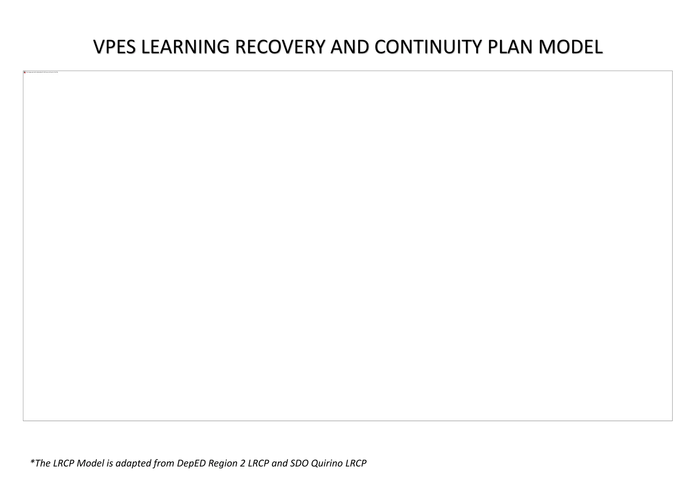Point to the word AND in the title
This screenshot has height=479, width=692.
coord(350,47)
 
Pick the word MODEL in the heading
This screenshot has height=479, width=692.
coord(571,47)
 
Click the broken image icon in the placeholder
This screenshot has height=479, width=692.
coord(25,72)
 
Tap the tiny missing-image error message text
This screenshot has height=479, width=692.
coord(42,72)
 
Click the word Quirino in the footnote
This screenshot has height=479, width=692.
coord(326,463)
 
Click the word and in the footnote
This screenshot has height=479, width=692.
coord(279,463)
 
